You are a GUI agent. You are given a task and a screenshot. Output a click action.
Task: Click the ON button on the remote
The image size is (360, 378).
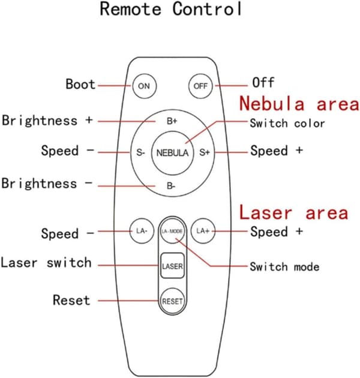[x=145, y=86]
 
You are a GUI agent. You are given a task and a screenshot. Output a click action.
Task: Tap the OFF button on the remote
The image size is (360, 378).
[x=200, y=86]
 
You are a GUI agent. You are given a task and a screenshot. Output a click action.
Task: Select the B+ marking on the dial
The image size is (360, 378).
[x=172, y=121]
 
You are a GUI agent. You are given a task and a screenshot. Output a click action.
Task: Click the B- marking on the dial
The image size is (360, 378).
[x=171, y=186]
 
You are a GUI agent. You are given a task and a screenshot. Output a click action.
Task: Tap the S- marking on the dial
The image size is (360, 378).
[x=140, y=152]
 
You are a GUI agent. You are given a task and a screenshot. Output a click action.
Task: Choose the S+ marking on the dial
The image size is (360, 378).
[x=205, y=152]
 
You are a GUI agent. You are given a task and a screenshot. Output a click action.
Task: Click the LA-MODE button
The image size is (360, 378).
[x=172, y=231]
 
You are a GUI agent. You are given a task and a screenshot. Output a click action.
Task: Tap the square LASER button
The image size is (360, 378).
[x=172, y=266]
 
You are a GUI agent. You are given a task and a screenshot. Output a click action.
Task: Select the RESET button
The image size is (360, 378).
[x=172, y=301]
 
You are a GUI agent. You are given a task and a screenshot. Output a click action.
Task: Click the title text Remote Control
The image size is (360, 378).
[x=171, y=9]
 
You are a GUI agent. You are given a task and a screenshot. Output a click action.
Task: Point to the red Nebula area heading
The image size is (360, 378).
[x=299, y=104]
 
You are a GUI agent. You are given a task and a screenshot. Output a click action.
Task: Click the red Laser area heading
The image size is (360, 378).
[x=293, y=212]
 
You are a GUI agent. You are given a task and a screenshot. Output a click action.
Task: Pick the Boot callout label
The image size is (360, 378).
[x=80, y=85]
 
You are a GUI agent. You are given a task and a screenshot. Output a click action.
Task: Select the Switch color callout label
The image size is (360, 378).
[x=287, y=123]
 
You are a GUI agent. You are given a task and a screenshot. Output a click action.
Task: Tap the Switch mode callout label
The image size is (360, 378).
[x=284, y=267]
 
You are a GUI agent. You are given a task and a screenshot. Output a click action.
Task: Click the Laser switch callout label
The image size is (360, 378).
[x=46, y=263]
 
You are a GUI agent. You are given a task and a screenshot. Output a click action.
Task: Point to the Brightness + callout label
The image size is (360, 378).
[x=47, y=121]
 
